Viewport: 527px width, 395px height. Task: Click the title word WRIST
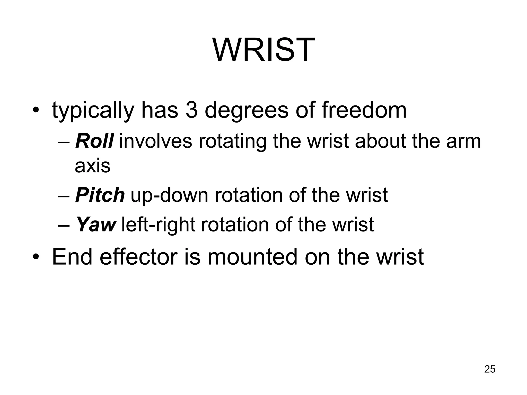(263, 50)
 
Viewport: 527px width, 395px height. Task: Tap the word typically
(93, 111)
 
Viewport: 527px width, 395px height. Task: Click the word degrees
(246, 111)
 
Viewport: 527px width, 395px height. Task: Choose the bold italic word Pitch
(100, 195)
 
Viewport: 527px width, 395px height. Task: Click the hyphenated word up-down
(169, 195)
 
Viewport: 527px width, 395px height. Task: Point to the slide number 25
(490, 369)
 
